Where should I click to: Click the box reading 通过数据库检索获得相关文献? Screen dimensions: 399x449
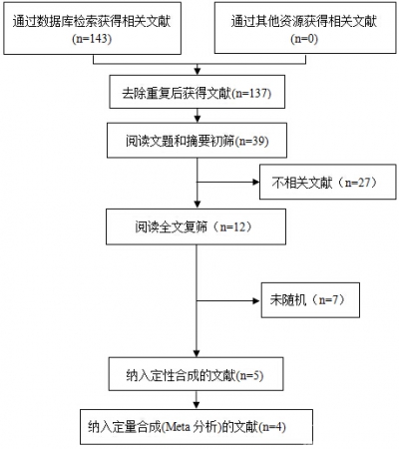[x=92, y=28]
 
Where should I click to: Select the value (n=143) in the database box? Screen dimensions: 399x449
[x=92, y=39]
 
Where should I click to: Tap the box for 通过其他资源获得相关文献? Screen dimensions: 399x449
[x=305, y=28]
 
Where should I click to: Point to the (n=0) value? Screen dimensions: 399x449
[x=304, y=39]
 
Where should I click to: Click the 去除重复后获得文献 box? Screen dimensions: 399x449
[x=198, y=92]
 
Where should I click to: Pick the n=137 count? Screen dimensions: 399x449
[x=252, y=93]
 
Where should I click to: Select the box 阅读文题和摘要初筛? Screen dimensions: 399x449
[x=197, y=140]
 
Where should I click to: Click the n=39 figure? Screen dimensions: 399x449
[x=251, y=141]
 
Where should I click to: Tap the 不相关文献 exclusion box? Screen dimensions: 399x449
[x=328, y=182]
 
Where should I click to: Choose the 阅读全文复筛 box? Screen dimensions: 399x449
[x=196, y=226]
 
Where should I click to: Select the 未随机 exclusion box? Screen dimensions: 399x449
[x=310, y=300]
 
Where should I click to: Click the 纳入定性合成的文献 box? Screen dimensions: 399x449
[x=197, y=374]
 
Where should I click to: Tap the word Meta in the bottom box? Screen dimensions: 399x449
[x=178, y=427]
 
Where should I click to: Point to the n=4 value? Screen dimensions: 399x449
[x=272, y=427]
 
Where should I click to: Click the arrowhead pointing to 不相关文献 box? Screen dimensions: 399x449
[x=256, y=182]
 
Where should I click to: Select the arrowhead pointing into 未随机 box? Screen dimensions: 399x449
[x=256, y=301]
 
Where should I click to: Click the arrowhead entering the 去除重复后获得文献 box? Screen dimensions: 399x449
[x=198, y=71]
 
